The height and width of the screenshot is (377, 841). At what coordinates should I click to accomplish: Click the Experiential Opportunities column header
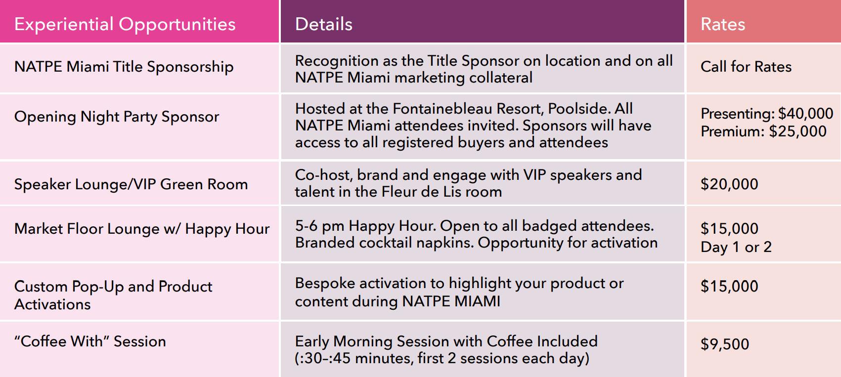coord(125,25)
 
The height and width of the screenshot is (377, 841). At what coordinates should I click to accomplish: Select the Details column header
coord(324,24)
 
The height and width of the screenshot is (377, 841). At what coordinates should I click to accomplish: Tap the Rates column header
coord(723,24)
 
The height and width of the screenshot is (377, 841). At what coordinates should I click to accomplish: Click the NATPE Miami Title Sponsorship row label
coord(124,67)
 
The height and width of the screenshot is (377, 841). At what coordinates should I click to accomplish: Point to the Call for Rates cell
coord(746,67)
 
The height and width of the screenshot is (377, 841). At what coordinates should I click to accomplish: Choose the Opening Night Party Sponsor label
coord(116,117)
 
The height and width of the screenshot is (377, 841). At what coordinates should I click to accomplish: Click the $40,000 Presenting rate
coord(806,113)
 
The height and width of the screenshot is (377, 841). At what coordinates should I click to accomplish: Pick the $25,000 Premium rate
coord(798,131)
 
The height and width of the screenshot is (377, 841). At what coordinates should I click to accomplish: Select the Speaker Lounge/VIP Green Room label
coord(131,184)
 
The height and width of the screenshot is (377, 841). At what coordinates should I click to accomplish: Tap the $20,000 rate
coord(729,184)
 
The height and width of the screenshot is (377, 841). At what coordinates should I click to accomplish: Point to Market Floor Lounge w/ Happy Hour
coord(142,229)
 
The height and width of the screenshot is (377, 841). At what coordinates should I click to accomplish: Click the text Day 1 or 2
coord(736,247)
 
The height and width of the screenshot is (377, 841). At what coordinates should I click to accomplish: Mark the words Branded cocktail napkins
coord(384,243)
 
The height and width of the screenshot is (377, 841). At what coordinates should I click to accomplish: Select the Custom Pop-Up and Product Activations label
coord(113,295)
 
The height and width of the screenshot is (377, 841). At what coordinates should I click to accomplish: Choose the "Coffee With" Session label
coord(90,341)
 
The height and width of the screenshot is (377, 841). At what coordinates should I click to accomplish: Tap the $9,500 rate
coord(725,344)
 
